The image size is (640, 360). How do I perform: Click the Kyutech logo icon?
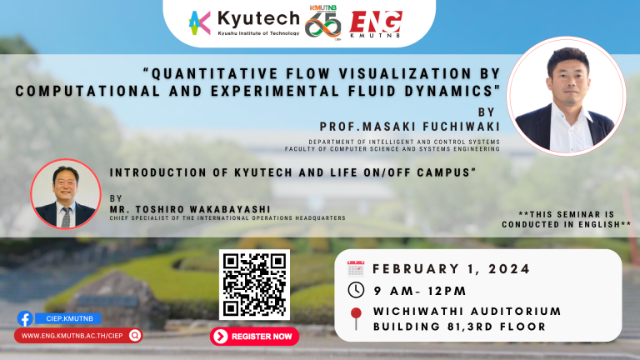coord(200,22)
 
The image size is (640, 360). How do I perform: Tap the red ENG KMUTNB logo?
coord(376,24)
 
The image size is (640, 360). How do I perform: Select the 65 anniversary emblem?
coord(322,23)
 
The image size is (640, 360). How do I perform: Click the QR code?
coord(254,285)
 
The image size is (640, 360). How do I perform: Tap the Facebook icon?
coord(25,318)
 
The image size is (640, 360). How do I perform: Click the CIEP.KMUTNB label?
coord(69,318)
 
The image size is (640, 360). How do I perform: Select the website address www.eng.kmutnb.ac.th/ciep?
coord(72,336)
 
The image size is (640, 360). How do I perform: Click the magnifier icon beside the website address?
coord(135,336)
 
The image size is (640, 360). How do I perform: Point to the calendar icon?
coord(356,269)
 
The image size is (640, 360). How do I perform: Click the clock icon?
coord(356,290)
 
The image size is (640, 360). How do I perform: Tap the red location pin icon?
coord(356,318)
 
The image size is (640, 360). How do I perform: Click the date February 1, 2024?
coord(452,269)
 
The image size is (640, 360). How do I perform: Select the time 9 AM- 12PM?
coord(420,291)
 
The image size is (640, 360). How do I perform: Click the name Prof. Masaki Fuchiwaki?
coord(410,127)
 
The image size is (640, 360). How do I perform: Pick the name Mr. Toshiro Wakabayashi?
coord(190,209)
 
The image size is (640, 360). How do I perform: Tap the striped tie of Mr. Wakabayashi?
coord(66,217)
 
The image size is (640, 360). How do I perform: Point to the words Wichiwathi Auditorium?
coord(467,312)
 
